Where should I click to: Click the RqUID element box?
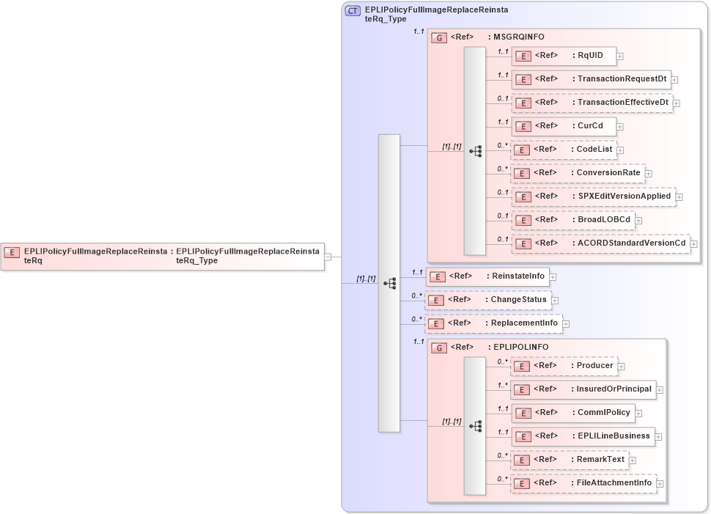point(564,56)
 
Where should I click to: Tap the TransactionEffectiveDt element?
point(592,103)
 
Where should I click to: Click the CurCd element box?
point(564,126)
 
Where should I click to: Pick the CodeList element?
point(563,150)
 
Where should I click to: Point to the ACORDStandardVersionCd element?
point(600,243)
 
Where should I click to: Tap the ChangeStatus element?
point(488,300)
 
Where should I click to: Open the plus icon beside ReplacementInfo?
point(566,323)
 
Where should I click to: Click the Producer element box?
point(564,366)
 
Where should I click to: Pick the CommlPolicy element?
point(572,413)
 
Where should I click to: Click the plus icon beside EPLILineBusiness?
point(660,436)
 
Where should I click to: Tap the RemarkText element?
point(570,460)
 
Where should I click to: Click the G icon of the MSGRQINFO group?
point(439,37)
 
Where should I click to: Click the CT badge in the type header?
point(353,10)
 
